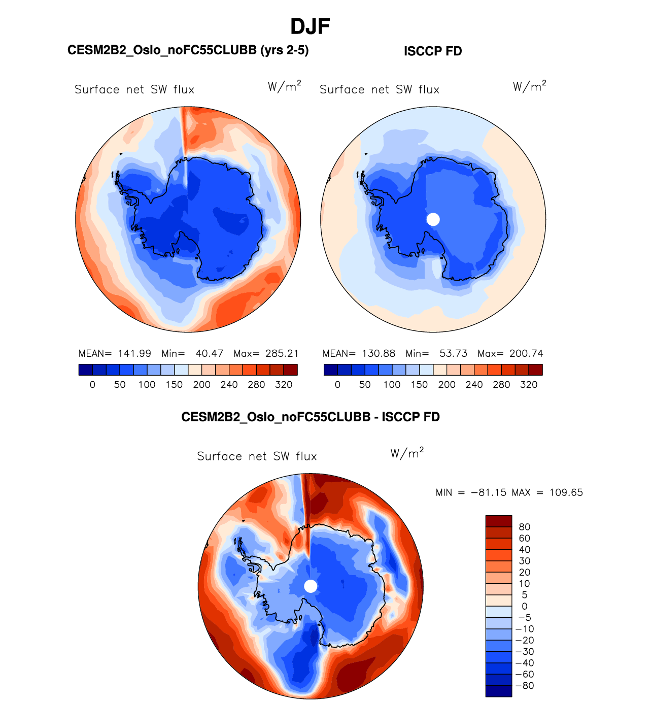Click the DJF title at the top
coord(310,27)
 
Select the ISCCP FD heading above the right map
coord(433,51)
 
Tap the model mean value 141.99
coord(134,353)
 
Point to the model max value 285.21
coord(282,353)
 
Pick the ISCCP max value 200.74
coord(526,353)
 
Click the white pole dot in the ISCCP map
coord(433,219)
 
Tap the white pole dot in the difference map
coord(311,586)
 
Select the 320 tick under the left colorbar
coord(284,385)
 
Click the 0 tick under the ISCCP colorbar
coord(337,385)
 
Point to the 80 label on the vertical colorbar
coord(525,527)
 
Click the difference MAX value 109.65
coord(566,492)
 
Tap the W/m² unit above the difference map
coord(407,453)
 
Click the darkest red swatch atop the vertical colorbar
coord(499,521)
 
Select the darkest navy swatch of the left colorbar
coord(86,370)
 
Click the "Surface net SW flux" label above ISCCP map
coord(380,90)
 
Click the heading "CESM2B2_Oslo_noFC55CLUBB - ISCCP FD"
coord(311,417)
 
